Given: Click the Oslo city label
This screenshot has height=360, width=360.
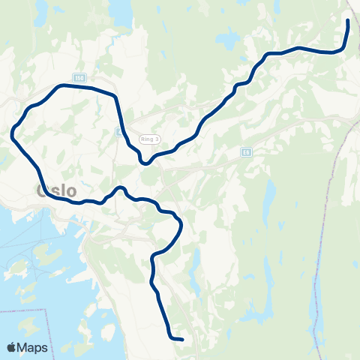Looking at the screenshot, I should [x=56, y=190].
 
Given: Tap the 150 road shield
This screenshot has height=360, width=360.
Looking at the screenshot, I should [x=79, y=78].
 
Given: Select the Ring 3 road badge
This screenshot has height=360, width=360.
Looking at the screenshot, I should [x=149, y=138].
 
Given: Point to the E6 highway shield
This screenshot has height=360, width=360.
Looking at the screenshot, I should [x=246, y=151].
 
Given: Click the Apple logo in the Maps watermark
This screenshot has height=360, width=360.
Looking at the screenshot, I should [x=12, y=347].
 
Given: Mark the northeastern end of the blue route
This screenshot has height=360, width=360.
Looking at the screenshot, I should [x=348, y=20].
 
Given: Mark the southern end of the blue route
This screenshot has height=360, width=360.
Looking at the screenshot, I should [x=181, y=339].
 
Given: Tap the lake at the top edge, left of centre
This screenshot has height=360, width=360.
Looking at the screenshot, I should [x=120, y=9].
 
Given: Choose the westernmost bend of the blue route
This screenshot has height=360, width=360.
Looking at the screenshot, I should [x=13, y=135].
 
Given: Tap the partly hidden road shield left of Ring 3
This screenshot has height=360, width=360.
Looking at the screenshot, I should [x=118, y=131].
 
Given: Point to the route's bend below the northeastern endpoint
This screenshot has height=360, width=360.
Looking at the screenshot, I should [x=341, y=49].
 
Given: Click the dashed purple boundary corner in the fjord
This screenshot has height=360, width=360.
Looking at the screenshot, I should [x=45, y=308].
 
